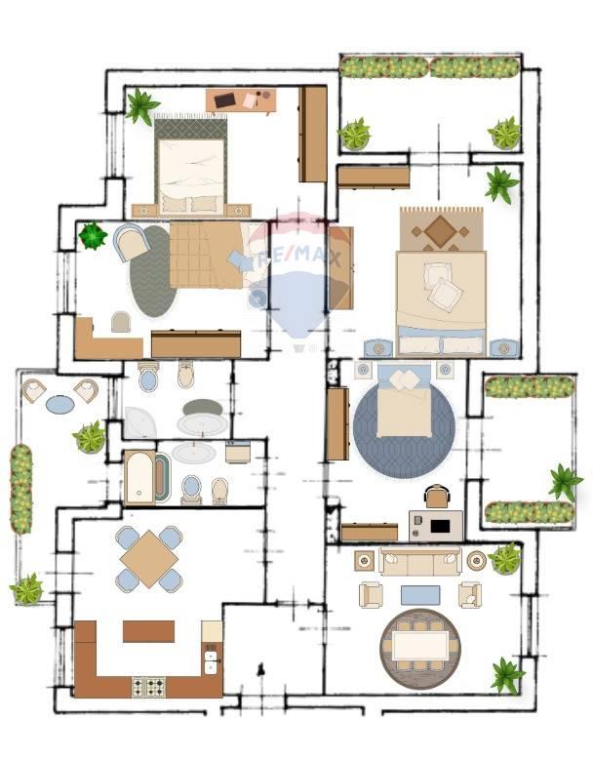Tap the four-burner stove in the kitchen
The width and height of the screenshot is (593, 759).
click(x=149, y=687)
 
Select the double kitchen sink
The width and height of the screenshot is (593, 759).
click(x=212, y=661)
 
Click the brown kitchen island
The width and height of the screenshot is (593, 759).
click(x=148, y=631)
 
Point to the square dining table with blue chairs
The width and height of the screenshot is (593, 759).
click(x=149, y=559)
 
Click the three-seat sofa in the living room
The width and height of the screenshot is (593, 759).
click(x=419, y=562)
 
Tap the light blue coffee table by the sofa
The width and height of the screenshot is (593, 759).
click(x=420, y=595)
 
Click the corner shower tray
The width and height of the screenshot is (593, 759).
click(x=138, y=422)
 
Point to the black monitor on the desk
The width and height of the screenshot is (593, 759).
click(x=441, y=526)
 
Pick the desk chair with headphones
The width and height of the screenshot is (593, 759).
click(x=437, y=497)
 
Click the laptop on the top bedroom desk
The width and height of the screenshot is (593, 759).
click(x=224, y=100)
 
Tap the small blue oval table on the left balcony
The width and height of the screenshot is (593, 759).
click(x=60, y=404)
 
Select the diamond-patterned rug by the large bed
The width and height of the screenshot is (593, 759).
click(x=441, y=229)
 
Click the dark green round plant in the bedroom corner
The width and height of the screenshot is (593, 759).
click(x=93, y=235)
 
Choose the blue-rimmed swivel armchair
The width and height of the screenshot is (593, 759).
click(x=131, y=242)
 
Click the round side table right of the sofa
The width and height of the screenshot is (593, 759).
click(x=476, y=561)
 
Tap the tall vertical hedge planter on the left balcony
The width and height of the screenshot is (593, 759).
click(x=21, y=489)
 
